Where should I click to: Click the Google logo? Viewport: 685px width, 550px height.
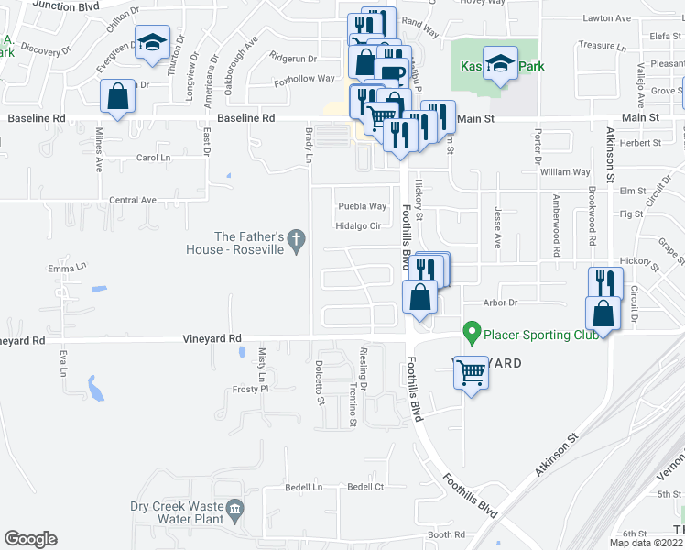[x=30, y=539]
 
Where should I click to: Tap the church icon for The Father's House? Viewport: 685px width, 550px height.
[x=295, y=240]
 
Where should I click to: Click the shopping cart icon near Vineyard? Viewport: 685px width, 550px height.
[x=472, y=372]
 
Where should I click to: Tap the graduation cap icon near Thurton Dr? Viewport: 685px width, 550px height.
[x=152, y=41]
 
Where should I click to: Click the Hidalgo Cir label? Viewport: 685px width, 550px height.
[x=358, y=226]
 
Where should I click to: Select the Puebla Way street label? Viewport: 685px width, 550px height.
[x=363, y=206]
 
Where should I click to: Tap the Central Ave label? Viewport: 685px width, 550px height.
[x=133, y=200]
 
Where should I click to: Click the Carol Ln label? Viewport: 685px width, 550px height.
[x=153, y=158]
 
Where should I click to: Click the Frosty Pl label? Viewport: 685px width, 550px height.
[x=246, y=390]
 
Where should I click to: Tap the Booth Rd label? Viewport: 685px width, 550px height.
[x=447, y=535]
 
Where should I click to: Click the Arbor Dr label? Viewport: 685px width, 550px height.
[x=501, y=302]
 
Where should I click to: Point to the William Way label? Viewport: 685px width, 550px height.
[x=565, y=172]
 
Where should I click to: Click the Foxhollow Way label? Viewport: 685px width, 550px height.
[x=305, y=80]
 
